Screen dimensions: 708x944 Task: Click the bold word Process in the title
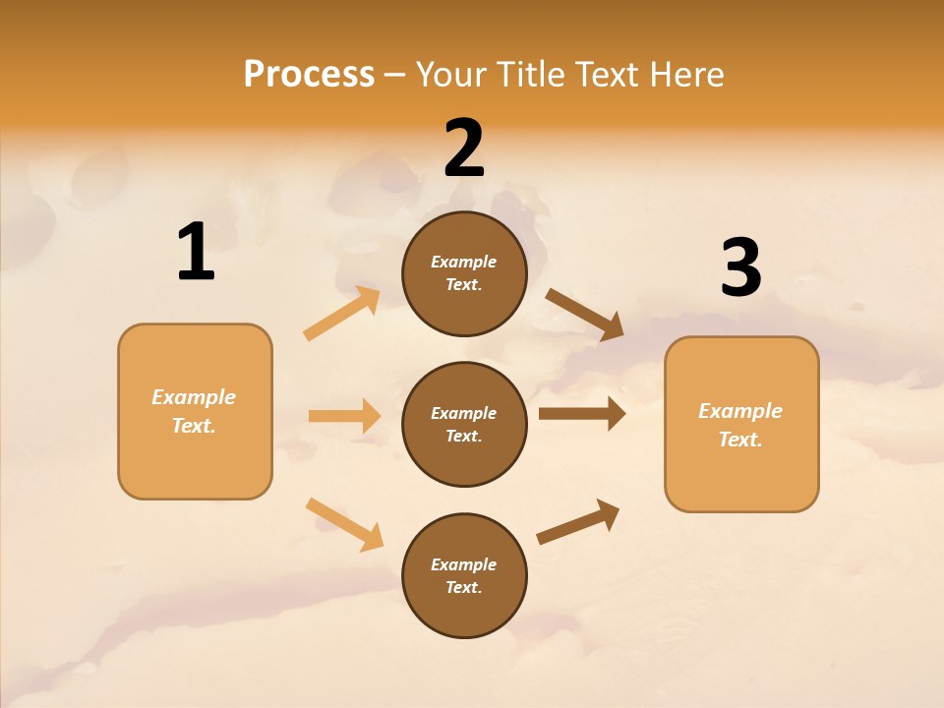pyautogui.click(x=309, y=75)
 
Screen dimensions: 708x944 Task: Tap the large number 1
pyautogui.click(x=195, y=253)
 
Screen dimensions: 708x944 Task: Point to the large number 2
pyautogui.click(x=464, y=148)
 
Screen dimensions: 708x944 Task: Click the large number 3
pyautogui.click(x=740, y=268)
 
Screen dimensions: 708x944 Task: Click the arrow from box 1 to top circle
pyautogui.click(x=342, y=314)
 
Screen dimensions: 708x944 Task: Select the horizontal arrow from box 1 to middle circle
pyautogui.click(x=344, y=416)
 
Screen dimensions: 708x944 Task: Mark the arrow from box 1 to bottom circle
pyautogui.click(x=344, y=524)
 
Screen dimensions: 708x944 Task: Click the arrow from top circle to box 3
pyautogui.click(x=585, y=315)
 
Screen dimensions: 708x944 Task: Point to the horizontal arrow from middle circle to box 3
pyautogui.click(x=582, y=414)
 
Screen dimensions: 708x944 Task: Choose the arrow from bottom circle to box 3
pyautogui.click(x=579, y=521)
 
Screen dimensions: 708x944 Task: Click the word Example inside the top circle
pyautogui.click(x=464, y=262)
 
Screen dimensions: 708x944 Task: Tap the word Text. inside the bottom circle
pyautogui.click(x=464, y=587)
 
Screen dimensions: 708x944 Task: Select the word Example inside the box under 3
pyautogui.click(x=740, y=411)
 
